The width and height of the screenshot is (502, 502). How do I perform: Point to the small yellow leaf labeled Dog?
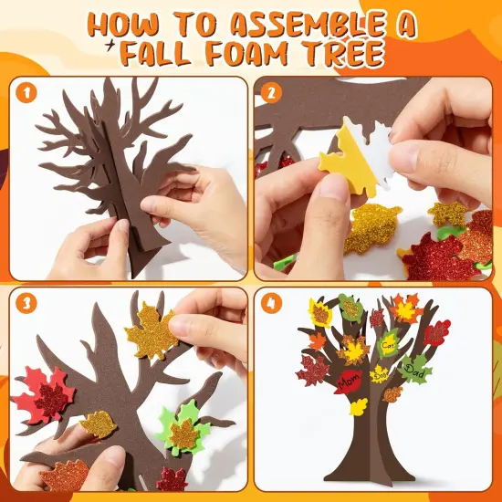[380, 375]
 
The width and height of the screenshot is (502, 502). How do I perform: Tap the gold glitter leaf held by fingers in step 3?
[151, 331]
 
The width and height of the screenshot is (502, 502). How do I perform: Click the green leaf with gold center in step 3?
[183, 431]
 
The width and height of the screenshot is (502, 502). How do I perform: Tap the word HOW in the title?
[128, 26]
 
